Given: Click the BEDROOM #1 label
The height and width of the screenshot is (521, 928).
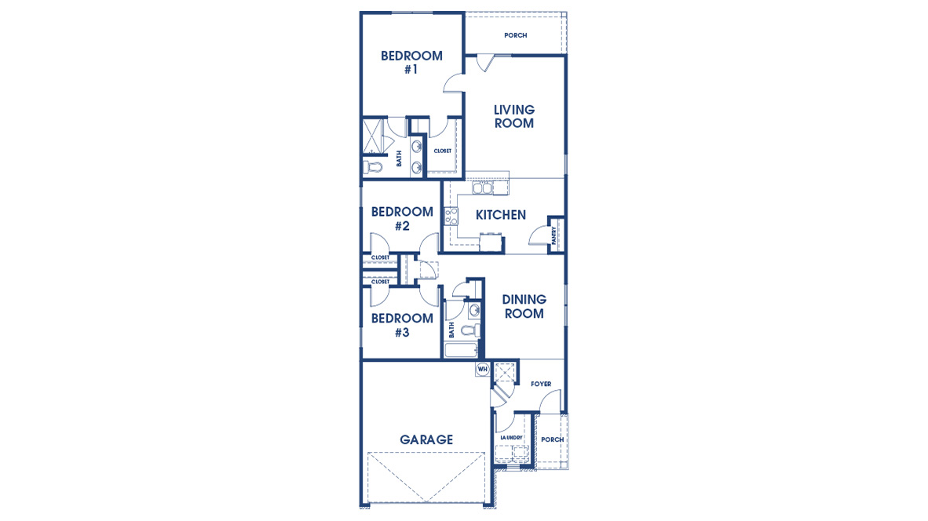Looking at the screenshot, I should pyautogui.click(x=411, y=62).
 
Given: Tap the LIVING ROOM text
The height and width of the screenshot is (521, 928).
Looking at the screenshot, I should pyautogui.click(x=514, y=116).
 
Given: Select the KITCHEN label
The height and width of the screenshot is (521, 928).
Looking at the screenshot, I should pyautogui.click(x=501, y=215).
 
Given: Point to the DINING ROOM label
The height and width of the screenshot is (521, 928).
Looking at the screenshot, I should pyautogui.click(x=524, y=307).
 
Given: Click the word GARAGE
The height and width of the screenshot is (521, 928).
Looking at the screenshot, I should pyautogui.click(x=426, y=440).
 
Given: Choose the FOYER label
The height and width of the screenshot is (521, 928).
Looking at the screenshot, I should pyautogui.click(x=541, y=384).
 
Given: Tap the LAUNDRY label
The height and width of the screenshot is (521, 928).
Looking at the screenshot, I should pyautogui.click(x=510, y=438).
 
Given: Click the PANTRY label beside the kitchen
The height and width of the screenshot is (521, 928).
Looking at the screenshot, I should pyautogui.click(x=554, y=235).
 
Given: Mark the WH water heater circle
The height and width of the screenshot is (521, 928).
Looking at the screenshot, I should pyautogui.click(x=483, y=369).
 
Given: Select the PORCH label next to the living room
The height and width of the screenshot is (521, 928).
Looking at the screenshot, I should pyautogui.click(x=515, y=35).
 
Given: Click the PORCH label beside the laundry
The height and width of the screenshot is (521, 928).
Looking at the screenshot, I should pyautogui.click(x=552, y=439).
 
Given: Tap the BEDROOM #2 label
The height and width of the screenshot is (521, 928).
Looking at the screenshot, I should pyautogui.click(x=402, y=219).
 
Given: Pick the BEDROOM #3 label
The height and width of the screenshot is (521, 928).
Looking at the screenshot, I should pyautogui.click(x=402, y=325).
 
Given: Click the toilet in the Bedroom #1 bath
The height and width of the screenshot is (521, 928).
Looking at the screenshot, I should pyautogui.click(x=371, y=166).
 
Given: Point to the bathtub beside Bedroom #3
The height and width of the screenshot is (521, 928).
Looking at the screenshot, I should pyautogui.click(x=460, y=348).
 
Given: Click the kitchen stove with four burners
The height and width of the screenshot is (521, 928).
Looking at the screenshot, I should pyautogui.click(x=451, y=216).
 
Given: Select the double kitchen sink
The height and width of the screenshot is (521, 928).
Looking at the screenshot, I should pyautogui.click(x=482, y=188).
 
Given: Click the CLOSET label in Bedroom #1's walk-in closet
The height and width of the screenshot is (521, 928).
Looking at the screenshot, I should pyautogui.click(x=442, y=151).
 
